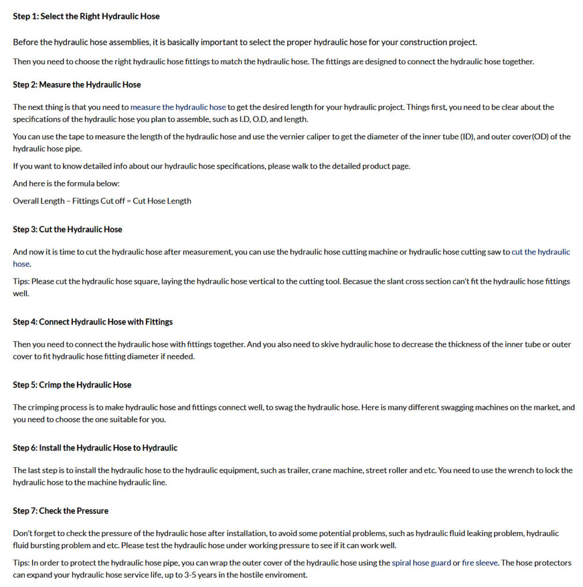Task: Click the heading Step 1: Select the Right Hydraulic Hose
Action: point(86,17)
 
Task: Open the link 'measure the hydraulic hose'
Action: point(178,107)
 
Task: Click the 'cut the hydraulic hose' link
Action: point(541,252)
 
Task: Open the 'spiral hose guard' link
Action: point(421,563)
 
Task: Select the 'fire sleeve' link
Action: point(480,563)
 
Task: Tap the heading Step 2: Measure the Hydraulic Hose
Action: point(77,85)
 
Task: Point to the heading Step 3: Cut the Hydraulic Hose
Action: point(68,229)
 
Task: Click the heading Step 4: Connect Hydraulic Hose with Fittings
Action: point(93,322)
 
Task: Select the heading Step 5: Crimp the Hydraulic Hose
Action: point(72,385)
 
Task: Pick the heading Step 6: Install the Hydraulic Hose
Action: point(95,448)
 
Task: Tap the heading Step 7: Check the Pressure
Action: point(61,511)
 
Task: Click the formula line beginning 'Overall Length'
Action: point(102,201)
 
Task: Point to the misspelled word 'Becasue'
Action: point(357,281)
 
